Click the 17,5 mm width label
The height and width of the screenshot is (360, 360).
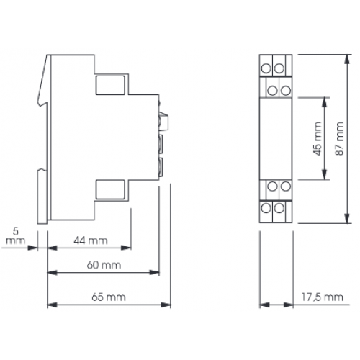(319, 297)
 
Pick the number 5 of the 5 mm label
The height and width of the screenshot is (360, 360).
(16, 233)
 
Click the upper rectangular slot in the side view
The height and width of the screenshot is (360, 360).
(111, 85)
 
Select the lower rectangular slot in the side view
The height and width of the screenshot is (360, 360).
(111, 192)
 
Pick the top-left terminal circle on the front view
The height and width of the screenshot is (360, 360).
(265, 67)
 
